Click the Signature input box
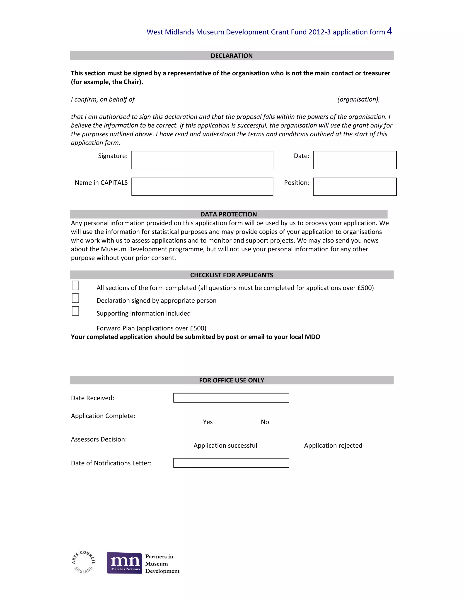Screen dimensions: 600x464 [202, 160]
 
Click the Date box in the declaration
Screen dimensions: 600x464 [355, 160]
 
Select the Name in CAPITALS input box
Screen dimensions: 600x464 [202, 187]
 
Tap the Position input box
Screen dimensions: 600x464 [355, 187]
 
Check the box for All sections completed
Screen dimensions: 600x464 [75, 286]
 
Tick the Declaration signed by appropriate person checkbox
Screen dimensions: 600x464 [75, 298]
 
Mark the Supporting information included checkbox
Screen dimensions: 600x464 [75, 311]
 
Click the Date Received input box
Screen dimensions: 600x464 [231, 398]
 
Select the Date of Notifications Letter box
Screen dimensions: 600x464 [231, 463]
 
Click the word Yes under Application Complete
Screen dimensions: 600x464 [208, 422]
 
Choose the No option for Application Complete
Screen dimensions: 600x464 [265, 422]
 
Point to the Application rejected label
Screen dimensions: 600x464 [333, 446]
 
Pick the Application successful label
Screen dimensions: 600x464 [225, 446]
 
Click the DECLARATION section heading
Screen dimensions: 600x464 [232, 56]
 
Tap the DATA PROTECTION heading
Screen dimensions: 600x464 [228, 214]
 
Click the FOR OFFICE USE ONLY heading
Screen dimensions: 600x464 [232, 380]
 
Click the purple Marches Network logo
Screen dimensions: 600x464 [125, 563]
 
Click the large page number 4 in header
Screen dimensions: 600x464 [389, 31]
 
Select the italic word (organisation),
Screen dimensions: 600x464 [358, 99]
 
